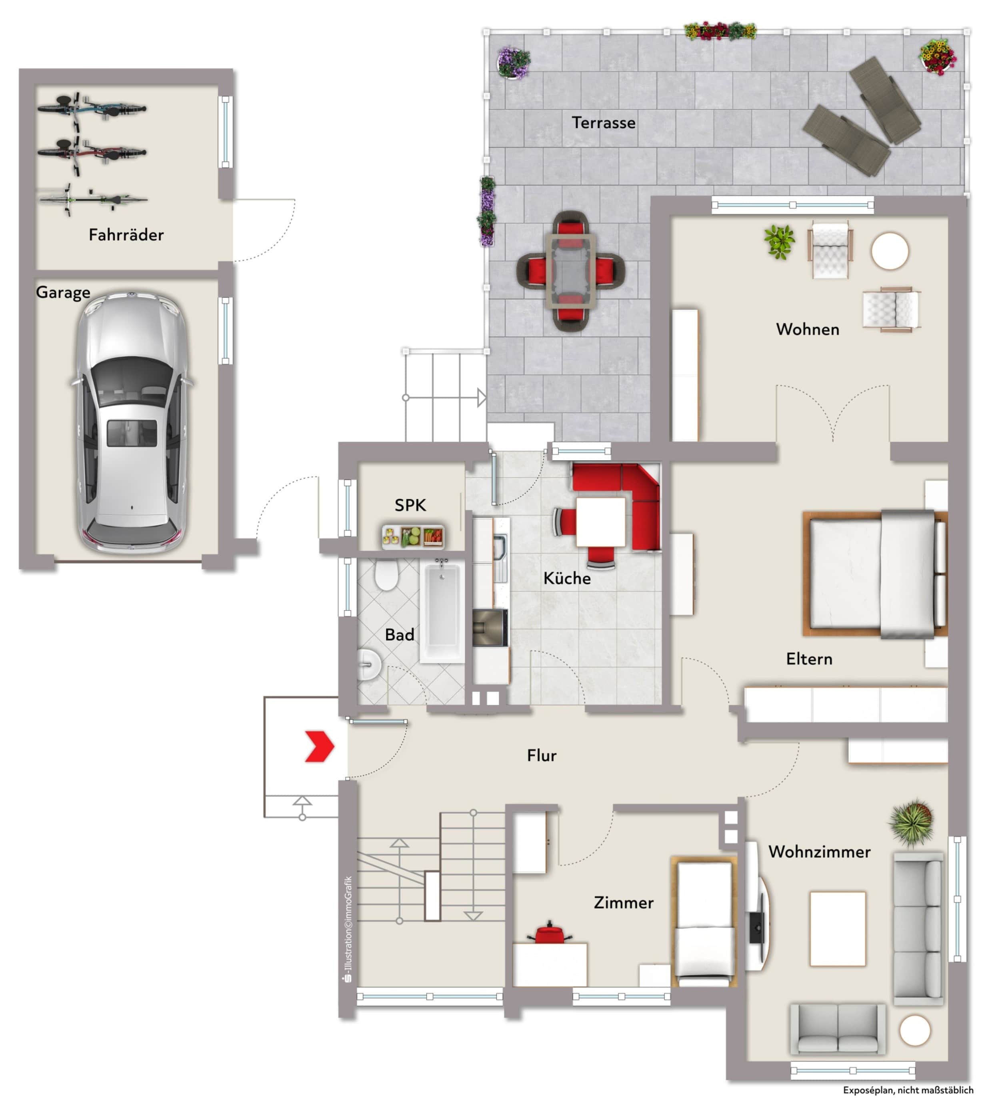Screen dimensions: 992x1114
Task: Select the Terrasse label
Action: (x=603, y=123)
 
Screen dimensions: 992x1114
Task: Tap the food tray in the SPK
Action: (x=413, y=536)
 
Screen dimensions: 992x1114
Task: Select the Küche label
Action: (x=567, y=578)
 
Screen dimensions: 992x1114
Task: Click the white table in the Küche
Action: (x=601, y=522)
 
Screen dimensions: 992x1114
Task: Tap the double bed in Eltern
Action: (x=875, y=574)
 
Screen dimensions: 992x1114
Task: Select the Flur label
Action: (x=542, y=755)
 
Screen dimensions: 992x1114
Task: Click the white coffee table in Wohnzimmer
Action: (x=838, y=929)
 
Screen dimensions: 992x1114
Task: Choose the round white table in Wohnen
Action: (x=890, y=251)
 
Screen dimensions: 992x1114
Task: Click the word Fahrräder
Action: (x=126, y=235)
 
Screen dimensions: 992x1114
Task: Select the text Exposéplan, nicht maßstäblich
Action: (x=908, y=1090)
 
